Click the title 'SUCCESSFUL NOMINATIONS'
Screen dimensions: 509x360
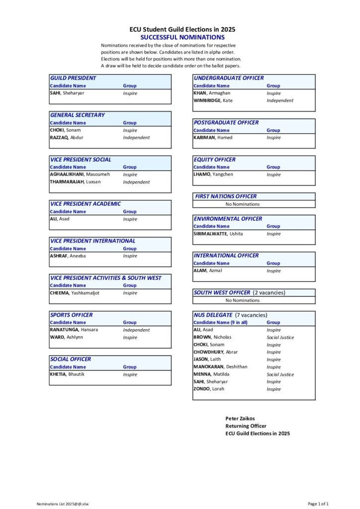(x=182, y=37)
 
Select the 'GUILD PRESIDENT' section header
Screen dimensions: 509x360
(x=73, y=78)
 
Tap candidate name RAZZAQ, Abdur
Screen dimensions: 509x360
(x=67, y=138)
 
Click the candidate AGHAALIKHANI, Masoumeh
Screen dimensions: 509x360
(x=80, y=174)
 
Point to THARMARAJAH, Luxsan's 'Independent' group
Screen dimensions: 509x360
(x=136, y=182)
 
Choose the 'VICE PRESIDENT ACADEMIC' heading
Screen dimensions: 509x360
(x=86, y=204)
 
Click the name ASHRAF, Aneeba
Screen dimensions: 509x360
(x=68, y=256)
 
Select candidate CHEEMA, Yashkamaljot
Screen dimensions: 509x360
(x=75, y=293)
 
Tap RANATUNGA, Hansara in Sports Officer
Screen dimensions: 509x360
(x=74, y=330)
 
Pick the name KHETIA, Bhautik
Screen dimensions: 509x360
(x=67, y=374)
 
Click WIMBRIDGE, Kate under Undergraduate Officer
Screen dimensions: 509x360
(x=213, y=100)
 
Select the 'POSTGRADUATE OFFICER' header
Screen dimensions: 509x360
(x=226, y=122)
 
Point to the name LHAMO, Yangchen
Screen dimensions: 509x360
(x=213, y=174)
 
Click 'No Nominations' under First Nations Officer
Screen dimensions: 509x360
(x=242, y=204)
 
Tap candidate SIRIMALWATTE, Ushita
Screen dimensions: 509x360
(x=218, y=234)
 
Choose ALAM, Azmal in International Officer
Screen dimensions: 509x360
(x=208, y=270)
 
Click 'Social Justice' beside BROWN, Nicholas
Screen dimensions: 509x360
(x=280, y=338)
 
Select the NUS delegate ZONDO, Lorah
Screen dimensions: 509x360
(x=209, y=389)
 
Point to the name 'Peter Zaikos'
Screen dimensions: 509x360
(x=240, y=419)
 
